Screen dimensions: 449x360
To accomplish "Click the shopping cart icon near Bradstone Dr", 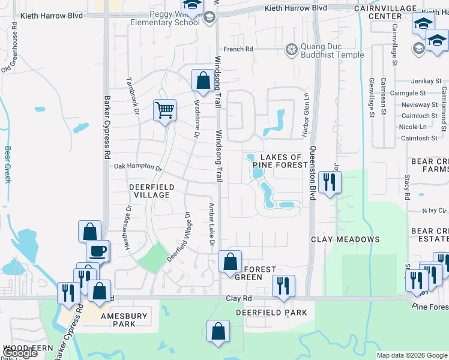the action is pyautogui.click(x=164, y=110).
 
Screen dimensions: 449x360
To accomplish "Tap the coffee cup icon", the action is pyautogui.click(x=98, y=250).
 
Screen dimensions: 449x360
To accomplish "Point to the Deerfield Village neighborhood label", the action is pyautogui.click(x=151, y=191).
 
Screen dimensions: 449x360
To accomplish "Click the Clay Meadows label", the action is pyautogui.click(x=345, y=239).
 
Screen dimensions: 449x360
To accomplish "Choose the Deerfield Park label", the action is pyautogui.click(x=271, y=313).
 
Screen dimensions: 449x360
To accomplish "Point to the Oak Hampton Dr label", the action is pyautogui.click(x=138, y=168).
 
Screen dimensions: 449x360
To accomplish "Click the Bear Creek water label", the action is pyautogui.click(x=8, y=164).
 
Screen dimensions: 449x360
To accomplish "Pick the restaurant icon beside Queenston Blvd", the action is pyautogui.click(x=329, y=182).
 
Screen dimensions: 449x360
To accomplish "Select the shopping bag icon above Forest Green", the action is pyautogui.click(x=230, y=261).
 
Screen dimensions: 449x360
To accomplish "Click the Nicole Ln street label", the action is pyautogui.click(x=413, y=127).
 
